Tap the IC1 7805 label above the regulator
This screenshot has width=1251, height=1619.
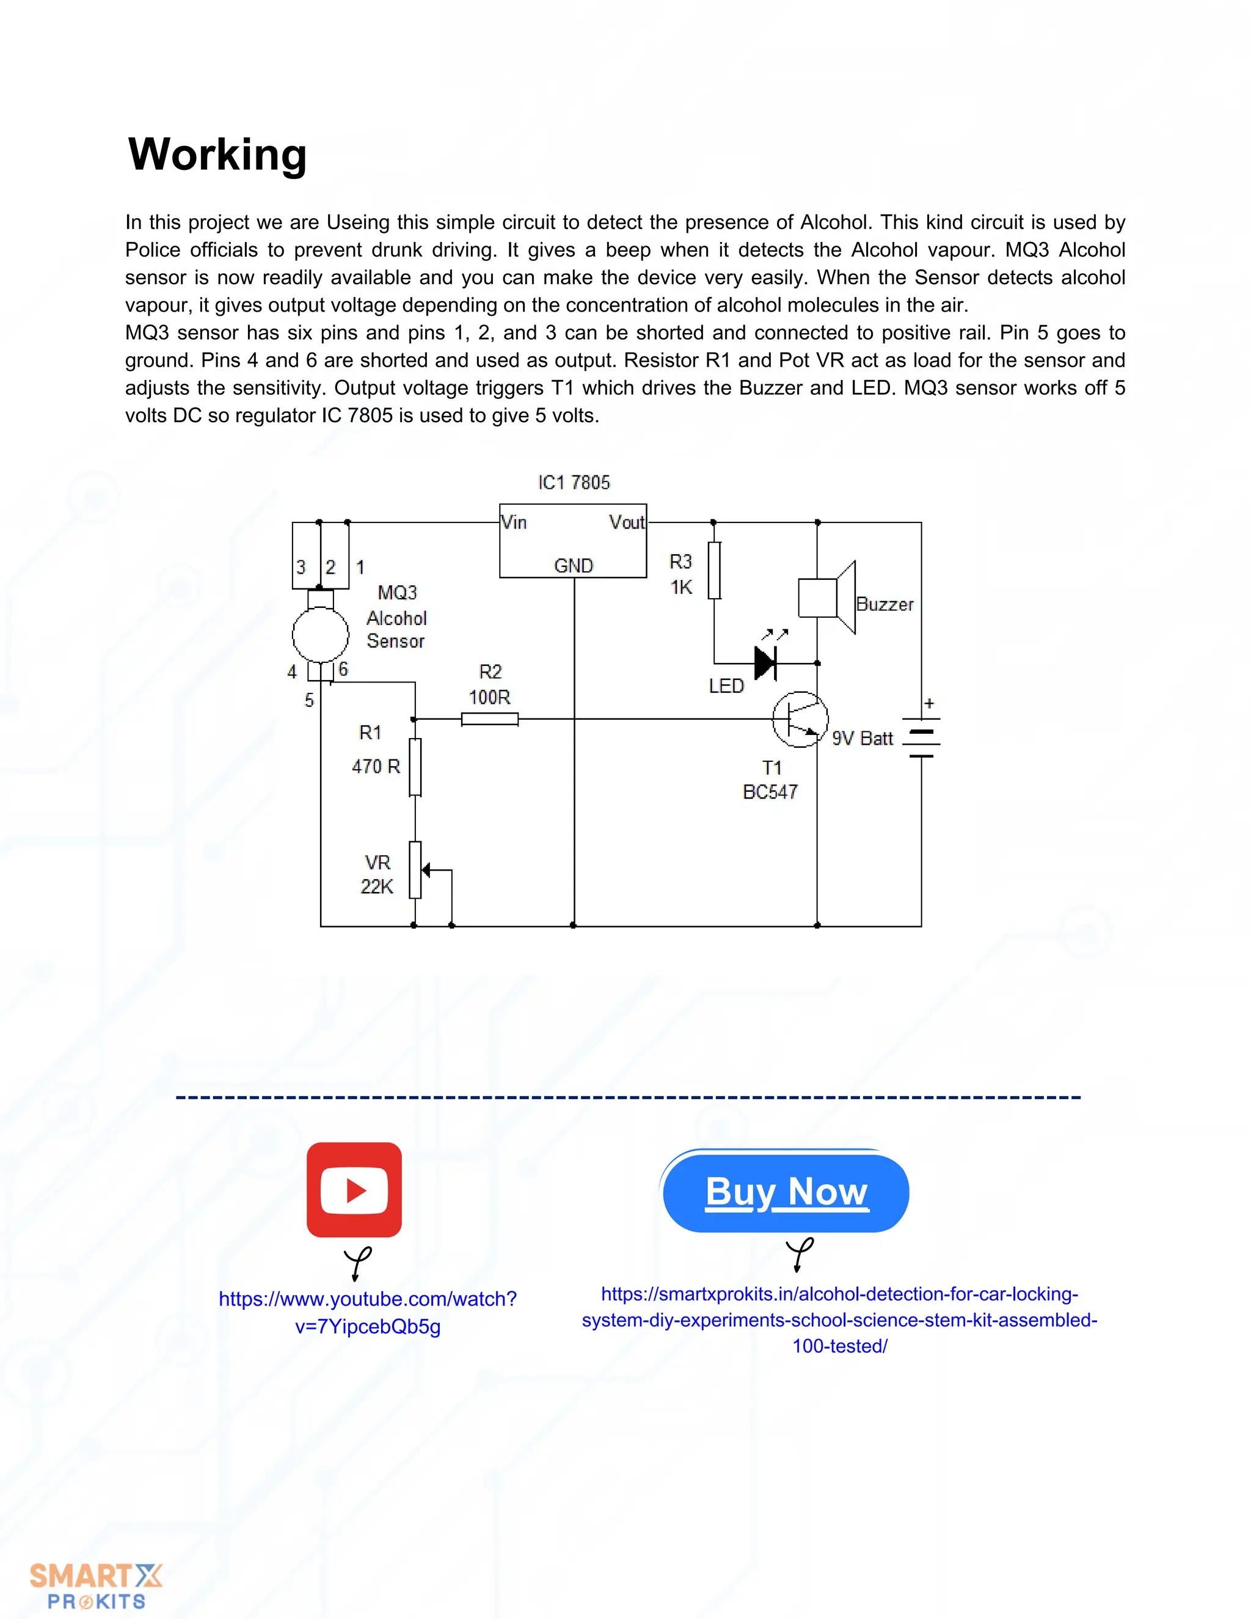(574, 483)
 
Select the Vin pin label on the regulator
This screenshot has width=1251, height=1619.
(514, 522)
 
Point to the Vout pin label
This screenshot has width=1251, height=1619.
(626, 522)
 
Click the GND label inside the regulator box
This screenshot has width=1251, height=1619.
(574, 566)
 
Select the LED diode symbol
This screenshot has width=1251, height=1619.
(765, 662)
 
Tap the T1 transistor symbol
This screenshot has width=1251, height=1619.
(800, 719)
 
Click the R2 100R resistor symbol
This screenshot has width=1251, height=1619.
(489, 719)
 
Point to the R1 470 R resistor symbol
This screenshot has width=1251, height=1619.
(415, 767)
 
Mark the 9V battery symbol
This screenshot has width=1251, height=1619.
(921, 737)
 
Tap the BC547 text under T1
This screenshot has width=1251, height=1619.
(770, 792)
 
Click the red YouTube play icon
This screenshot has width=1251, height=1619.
(354, 1189)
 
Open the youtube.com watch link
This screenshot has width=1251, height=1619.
(368, 1312)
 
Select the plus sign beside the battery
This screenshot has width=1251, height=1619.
(929, 703)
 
